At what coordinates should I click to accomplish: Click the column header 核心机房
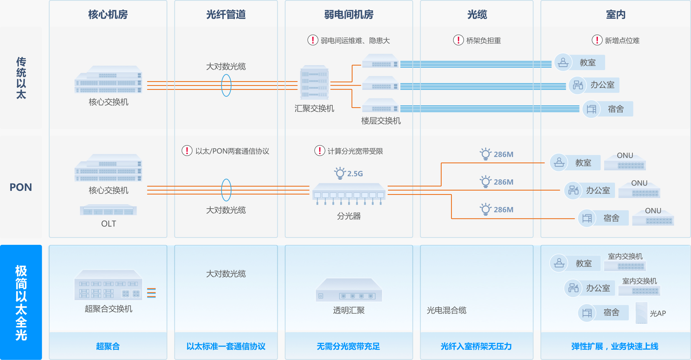coord(108,14)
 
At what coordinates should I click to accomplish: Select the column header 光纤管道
coord(226,14)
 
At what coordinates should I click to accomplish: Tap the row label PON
coord(21,187)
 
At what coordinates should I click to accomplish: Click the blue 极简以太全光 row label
coord(21,302)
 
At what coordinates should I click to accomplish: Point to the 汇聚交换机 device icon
coord(314,83)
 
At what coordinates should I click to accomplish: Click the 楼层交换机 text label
coord(381,121)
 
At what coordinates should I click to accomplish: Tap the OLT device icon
coord(108,210)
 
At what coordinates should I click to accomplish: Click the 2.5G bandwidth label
coord(355,173)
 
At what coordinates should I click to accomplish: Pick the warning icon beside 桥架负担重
coord(458,40)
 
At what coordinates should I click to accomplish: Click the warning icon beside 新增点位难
coord(597,40)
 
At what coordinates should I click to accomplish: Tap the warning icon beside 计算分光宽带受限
coord(320,151)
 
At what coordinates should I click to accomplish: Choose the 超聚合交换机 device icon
coord(108,285)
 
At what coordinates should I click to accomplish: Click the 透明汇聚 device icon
coord(348,290)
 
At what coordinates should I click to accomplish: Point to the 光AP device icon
coord(641,313)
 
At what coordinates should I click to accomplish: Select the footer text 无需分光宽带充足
coord(348,346)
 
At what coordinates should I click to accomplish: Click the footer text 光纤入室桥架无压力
coord(476,346)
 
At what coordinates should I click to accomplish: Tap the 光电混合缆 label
coord(447,310)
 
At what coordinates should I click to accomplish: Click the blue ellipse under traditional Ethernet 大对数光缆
coord(226,86)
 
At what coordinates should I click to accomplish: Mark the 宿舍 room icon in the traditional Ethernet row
coord(591,109)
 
